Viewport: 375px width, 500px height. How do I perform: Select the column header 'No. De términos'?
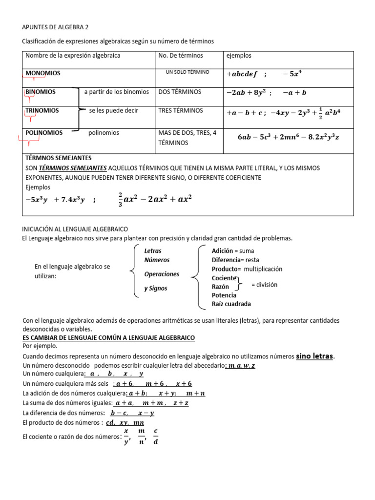pyautogui.click(x=181, y=56)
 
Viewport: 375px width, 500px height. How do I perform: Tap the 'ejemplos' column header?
pyautogui.click(x=239, y=56)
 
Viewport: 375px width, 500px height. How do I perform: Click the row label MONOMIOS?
pyautogui.click(x=43, y=73)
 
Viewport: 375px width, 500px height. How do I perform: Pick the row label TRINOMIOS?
pyautogui.click(x=42, y=111)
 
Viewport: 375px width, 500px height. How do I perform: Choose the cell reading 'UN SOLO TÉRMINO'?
pyautogui.click(x=187, y=72)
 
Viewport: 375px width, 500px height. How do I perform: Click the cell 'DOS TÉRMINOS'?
pyautogui.click(x=180, y=92)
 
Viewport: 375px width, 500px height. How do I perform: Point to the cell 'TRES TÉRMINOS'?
pyautogui.click(x=181, y=111)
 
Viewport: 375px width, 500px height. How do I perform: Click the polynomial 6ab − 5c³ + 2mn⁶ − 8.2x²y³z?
pyautogui.click(x=288, y=137)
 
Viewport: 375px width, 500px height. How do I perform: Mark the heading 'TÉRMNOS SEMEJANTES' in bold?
pyautogui.click(x=58, y=158)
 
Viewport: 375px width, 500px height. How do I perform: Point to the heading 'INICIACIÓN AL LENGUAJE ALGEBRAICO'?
pyautogui.click(x=76, y=229)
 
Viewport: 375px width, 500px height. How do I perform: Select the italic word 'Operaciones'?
pyautogui.click(x=162, y=274)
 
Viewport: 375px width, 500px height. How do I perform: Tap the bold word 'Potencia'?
pyautogui.click(x=224, y=295)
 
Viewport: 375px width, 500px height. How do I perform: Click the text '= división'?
pyautogui.click(x=264, y=285)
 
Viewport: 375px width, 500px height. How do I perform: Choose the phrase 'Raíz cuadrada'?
pyautogui.click(x=231, y=304)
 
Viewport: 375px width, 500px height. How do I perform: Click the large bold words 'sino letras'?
pyautogui.click(x=314, y=356)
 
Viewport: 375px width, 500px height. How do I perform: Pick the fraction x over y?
pyautogui.click(x=126, y=437)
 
